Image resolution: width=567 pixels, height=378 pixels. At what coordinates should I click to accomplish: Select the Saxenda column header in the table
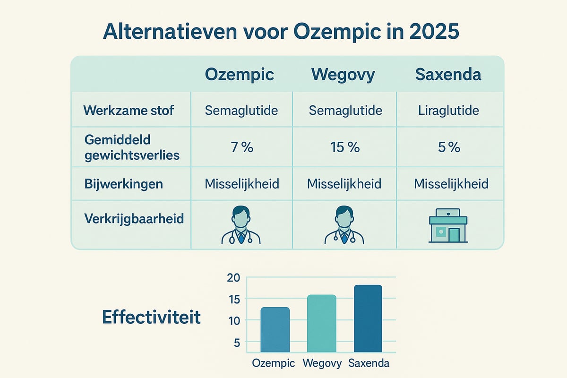tap(448, 75)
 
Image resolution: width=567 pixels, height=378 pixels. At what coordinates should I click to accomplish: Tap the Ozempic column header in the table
tap(239, 75)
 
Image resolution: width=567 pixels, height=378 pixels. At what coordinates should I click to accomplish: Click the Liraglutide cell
tap(448, 111)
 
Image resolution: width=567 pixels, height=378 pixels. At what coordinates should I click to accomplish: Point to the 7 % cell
tap(241, 147)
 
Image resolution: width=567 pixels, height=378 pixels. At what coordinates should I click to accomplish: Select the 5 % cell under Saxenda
tap(448, 147)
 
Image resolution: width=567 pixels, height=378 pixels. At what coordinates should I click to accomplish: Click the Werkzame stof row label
tap(129, 111)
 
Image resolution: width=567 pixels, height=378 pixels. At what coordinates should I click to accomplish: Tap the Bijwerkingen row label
tap(123, 184)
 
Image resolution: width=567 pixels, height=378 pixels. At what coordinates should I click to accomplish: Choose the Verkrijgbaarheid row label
tap(134, 219)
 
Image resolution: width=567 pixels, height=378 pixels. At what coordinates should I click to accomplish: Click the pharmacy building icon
tap(447, 226)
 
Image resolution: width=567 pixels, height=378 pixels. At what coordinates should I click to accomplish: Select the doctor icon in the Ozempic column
tap(241, 224)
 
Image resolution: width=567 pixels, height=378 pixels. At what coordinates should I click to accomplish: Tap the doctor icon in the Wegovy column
tap(344, 224)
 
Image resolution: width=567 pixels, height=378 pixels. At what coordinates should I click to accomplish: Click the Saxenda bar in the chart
tap(368, 318)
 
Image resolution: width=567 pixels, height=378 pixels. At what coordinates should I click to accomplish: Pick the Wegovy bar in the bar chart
tap(321, 323)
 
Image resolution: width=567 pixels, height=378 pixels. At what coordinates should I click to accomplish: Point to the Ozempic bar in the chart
tap(275, 329)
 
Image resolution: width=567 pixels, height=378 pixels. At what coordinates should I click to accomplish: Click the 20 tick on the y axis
tap(233, 278)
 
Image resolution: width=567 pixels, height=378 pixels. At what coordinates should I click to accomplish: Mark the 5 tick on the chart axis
tap(237, 343)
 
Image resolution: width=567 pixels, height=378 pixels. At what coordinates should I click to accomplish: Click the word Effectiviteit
tap(151, 317)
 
